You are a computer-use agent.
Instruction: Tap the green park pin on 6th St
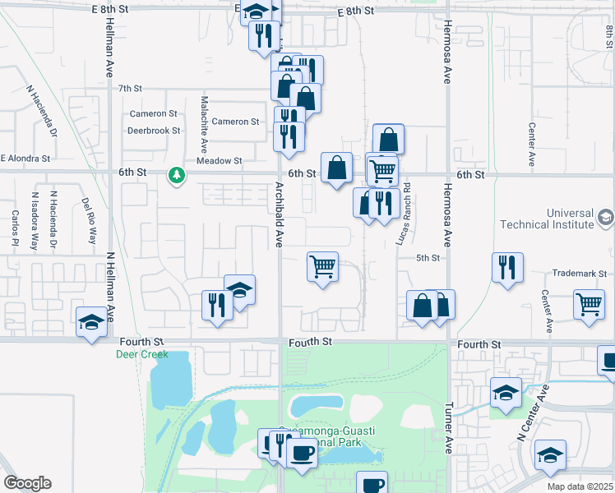tap(176, 174)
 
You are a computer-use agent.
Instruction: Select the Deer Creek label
tap(142, 355)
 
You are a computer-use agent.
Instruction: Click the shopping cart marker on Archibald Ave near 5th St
tap(323, 266)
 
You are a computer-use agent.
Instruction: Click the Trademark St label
tap(579, 273)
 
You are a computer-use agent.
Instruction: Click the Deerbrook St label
tap(153, 131)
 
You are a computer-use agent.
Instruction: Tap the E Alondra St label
tap(25, 158)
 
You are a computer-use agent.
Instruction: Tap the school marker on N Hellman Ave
tap(91, 321)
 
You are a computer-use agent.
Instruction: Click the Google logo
tap(27, 483)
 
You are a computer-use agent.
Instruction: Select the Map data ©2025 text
tap(579, 486)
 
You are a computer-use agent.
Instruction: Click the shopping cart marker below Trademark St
tap(590, 304)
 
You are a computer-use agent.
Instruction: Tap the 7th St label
tap(130, 88)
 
